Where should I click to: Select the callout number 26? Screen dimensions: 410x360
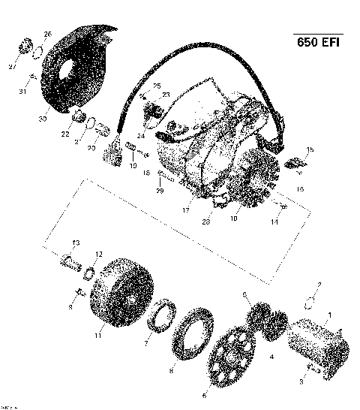(48, 34)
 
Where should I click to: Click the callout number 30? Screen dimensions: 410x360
(43, 119)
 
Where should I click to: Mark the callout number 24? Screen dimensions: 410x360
(140, 136)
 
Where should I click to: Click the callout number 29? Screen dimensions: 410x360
(159, 191)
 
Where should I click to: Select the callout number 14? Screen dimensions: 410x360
(274, 223)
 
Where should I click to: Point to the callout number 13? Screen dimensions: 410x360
(76, 242)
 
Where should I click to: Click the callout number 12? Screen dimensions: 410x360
(99, 254)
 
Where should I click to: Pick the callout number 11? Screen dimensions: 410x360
(97, 336)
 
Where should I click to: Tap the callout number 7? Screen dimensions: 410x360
(147, 344)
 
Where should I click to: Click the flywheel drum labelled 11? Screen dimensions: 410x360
(120, 293)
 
